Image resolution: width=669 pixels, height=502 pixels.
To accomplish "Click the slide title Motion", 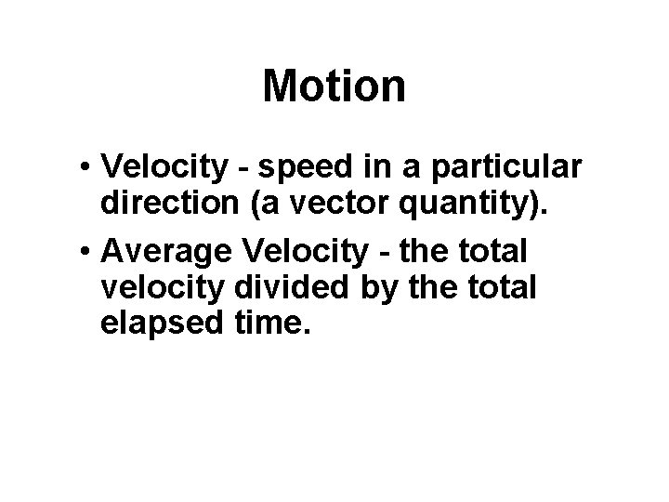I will tap(334, 86).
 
